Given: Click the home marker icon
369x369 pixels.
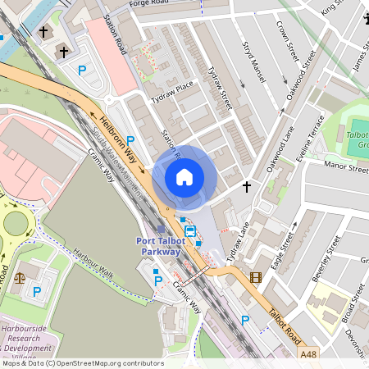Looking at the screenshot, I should (184, 176).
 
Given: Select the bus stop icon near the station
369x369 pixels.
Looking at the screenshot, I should (190, 231).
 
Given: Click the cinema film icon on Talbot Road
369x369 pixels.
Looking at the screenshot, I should (255, 277).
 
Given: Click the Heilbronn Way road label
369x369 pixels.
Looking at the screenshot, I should (117, 130).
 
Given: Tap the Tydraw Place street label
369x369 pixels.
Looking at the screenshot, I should (172, 90).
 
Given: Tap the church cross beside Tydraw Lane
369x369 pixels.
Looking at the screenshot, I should (246, 187).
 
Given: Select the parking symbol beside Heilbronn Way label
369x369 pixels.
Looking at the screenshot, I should (130, 140).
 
